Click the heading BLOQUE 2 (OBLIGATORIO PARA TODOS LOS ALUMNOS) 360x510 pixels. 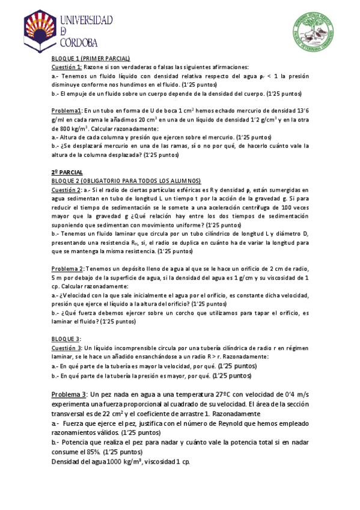[126, 180]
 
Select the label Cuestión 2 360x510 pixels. [66, 189]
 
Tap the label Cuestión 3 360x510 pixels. [66, 348]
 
